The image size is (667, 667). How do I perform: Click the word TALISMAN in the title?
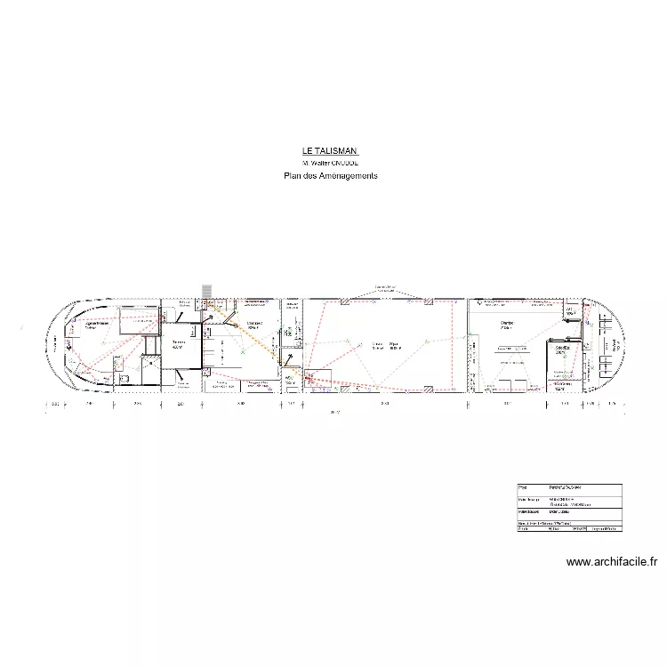pos(337,152)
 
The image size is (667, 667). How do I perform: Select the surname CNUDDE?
pos(345,164)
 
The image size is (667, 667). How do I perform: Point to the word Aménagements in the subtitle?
pos(348,176)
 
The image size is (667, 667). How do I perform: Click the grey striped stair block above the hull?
pos(207,292)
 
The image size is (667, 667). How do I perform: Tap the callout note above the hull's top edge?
pos(385,287)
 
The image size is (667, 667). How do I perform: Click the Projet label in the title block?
pos(522,488)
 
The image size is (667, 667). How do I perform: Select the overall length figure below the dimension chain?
pos(333,413)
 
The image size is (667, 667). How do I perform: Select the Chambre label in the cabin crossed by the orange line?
pos(254,325)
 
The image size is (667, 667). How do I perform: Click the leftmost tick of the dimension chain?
pos(45,405)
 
